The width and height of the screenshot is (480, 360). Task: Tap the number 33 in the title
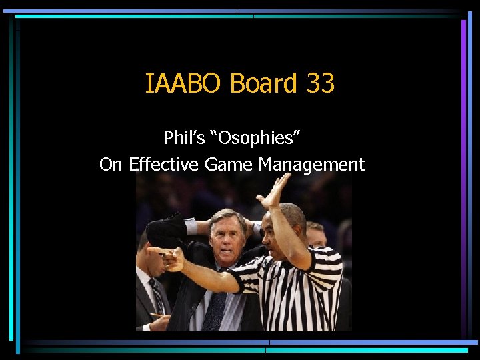pos(321,84)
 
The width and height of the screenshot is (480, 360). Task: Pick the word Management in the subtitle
pos(311,164)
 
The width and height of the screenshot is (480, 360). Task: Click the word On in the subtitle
pos(112,164)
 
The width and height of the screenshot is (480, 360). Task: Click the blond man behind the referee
pos(316,233)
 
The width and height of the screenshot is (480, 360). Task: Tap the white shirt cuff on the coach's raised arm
pos(191,226)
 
